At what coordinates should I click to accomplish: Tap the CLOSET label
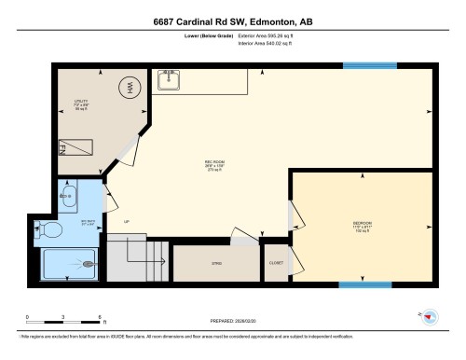pos(276,264)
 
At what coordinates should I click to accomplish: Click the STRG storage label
pos(215,264)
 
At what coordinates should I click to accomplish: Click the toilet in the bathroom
pos(51,229)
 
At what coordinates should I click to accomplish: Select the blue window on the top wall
pos(363,65)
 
